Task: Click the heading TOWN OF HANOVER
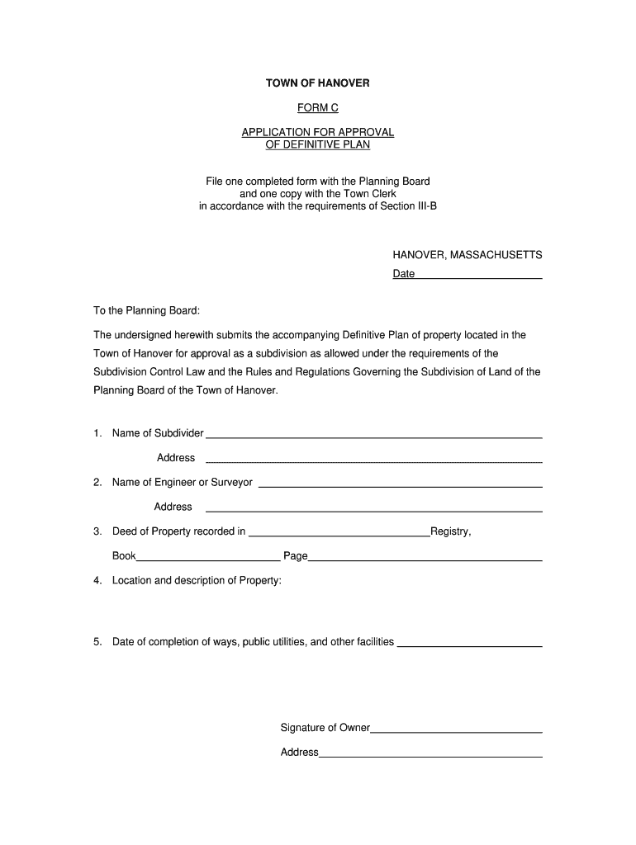point(317,83)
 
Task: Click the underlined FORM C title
point(317,108)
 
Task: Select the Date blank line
point(478,275)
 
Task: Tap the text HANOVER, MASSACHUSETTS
point(467,255)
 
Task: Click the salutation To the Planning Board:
point(146,311)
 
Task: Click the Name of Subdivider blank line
point(373,434)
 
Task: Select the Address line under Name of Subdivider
point(373,459)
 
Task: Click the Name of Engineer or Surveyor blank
point(401,484)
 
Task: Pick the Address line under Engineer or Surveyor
point(373,507)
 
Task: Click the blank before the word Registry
point(339,532)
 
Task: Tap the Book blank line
point(208,557)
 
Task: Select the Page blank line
point(425,557)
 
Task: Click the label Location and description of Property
point(197,581)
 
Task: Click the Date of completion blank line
point(469,643)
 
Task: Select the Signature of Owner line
point(456,729)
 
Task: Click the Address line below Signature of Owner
point(430,753)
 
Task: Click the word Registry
point(450,531)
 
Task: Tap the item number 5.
point(97,642)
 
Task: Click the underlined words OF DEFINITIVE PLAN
point(317,145)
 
